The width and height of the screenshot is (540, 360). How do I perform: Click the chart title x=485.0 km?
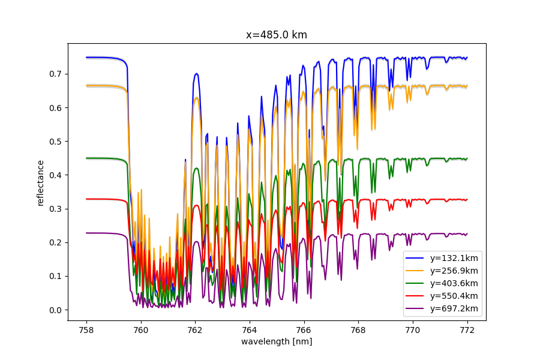[277, 35]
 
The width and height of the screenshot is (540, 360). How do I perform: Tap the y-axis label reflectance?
[41, 182]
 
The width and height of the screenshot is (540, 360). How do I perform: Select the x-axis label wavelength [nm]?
[277, 341]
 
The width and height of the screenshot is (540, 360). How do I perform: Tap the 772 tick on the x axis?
[467, 329]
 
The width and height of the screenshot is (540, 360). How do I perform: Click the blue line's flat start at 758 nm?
[88, 58]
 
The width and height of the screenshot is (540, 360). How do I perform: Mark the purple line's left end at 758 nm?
[87, 233]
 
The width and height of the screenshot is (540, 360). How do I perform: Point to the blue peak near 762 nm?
[196, 74]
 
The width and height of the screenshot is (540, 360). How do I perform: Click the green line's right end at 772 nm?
[466, 158]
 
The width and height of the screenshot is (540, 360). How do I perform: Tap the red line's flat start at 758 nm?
[88, 199]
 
